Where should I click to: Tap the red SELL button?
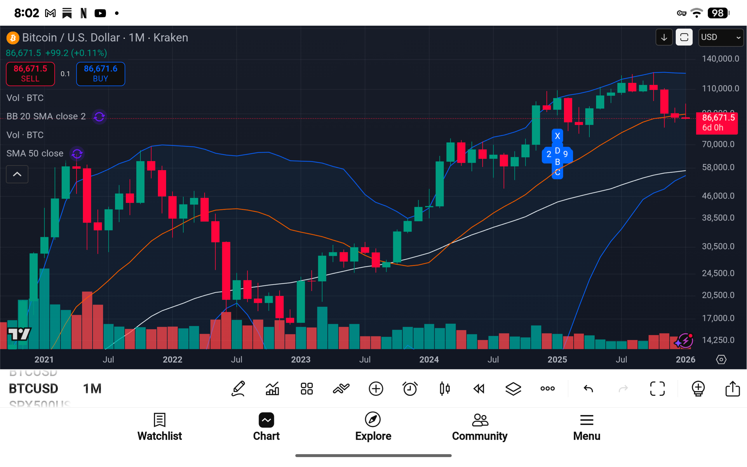(x=30, y=74)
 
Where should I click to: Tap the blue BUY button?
(x=100, y=74)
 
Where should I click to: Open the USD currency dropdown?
(x=720, y=37)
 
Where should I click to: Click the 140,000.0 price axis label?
(x=720, y=59)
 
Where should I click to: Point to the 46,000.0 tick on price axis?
(x=718, y=196)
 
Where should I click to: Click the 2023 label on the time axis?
(x=301, y=360)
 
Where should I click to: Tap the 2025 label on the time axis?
(x=557, y=360)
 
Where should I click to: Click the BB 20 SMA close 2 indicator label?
(x=46, y=117)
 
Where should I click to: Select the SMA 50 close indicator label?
(x=35, y=154)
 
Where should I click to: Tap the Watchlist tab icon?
(x=160, y=420)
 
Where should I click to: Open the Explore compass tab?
(x=373, y=420)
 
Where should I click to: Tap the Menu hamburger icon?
(x=586, y=420)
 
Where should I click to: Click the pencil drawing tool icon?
(x=238, y=388)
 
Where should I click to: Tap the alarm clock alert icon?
(x=410, y=388)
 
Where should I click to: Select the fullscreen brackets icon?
(x=657, y=388)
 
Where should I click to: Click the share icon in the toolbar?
(x=732, y=388)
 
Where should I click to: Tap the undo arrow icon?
(x=588, y=388)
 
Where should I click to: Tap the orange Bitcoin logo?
(x=13, y=38)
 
